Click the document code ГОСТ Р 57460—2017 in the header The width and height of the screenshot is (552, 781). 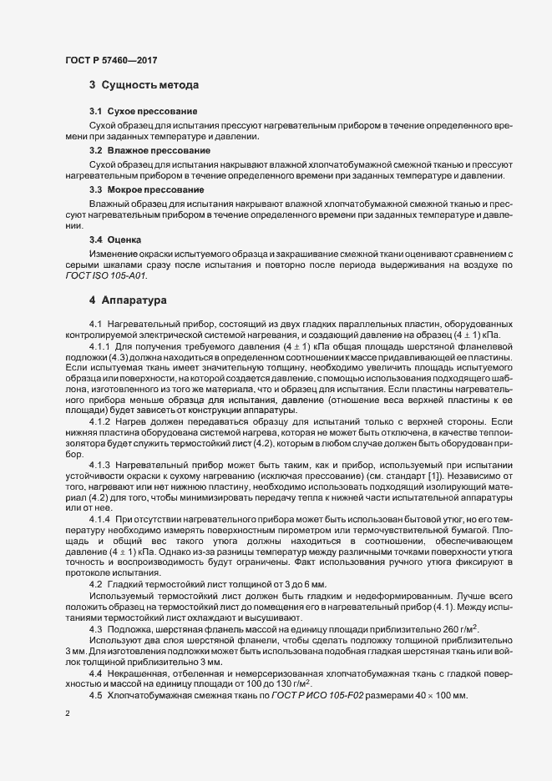point(109,59)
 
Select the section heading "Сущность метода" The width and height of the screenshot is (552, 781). point(149,85)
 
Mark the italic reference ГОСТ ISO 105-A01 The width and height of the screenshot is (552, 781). point(101,275)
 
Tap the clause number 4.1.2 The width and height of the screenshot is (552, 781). point(100,423)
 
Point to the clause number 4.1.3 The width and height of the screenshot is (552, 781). point(100,464)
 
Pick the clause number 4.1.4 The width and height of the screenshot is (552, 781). point(100,521)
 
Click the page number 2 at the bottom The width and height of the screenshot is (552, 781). point(67,714)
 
